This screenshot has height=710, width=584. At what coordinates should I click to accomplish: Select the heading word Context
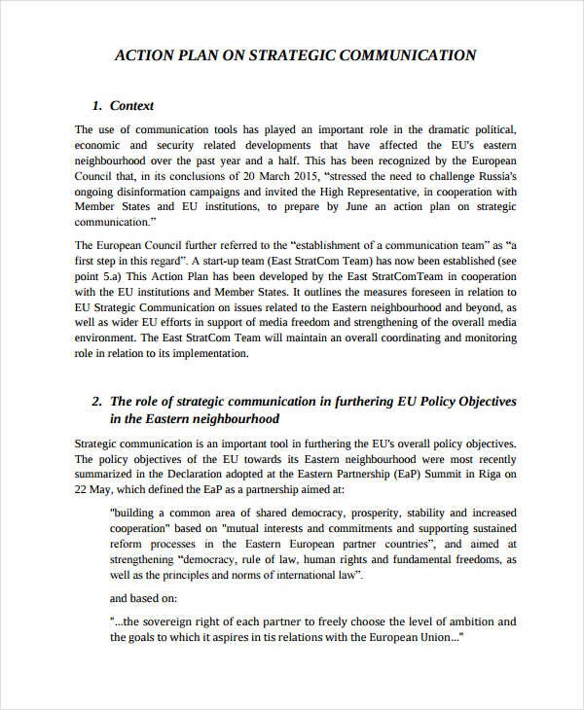[132, 106]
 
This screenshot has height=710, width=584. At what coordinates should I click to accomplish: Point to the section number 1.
[95, 106]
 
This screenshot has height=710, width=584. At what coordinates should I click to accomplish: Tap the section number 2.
[96, 401]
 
